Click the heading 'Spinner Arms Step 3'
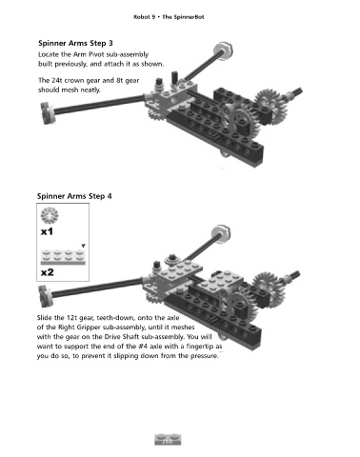pos(75,43)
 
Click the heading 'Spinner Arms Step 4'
pos(74,196)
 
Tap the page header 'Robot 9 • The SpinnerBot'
pos(169,17)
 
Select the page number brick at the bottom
pos(168,439)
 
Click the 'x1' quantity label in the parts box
pos(47,231)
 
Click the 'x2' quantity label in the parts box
pos(48,272)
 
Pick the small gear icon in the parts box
pos(50,216)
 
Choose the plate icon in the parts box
pos(63,257)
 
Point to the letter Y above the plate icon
pos(83,246)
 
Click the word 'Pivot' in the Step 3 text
pos(96,54)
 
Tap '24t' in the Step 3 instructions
pos(57,80)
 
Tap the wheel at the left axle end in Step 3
pos(49,112)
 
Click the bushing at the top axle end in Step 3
pos(223,50)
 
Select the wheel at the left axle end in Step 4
pos(46,295)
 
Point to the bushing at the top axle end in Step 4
pos(221,233)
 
